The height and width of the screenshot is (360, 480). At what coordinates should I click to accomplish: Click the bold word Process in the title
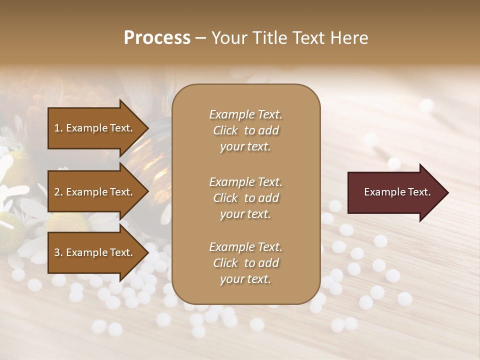pyautogui.click(x=157, y=38)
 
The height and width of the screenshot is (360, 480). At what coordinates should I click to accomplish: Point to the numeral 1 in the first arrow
pyautogui.click(x=57, y=128)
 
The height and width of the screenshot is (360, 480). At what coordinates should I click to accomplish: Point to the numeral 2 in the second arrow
pyautogui.click(x=57, y=192)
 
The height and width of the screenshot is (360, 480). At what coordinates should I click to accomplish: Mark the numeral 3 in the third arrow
pyautogui.click(x=57, y=252)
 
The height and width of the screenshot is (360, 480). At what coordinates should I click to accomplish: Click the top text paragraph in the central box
pyautogui.click(x=245, y=130)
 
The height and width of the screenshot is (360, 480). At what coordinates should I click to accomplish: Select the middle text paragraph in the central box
pyautogui.click(x=245, y=197)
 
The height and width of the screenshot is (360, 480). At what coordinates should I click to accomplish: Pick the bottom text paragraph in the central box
pyautogui.click(x=245, y=263)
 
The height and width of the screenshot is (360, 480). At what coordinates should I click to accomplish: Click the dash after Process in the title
pyautogui.click(x=201, y=38)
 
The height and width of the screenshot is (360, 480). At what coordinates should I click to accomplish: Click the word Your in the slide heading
pyautogui.click(x=228, y=38)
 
